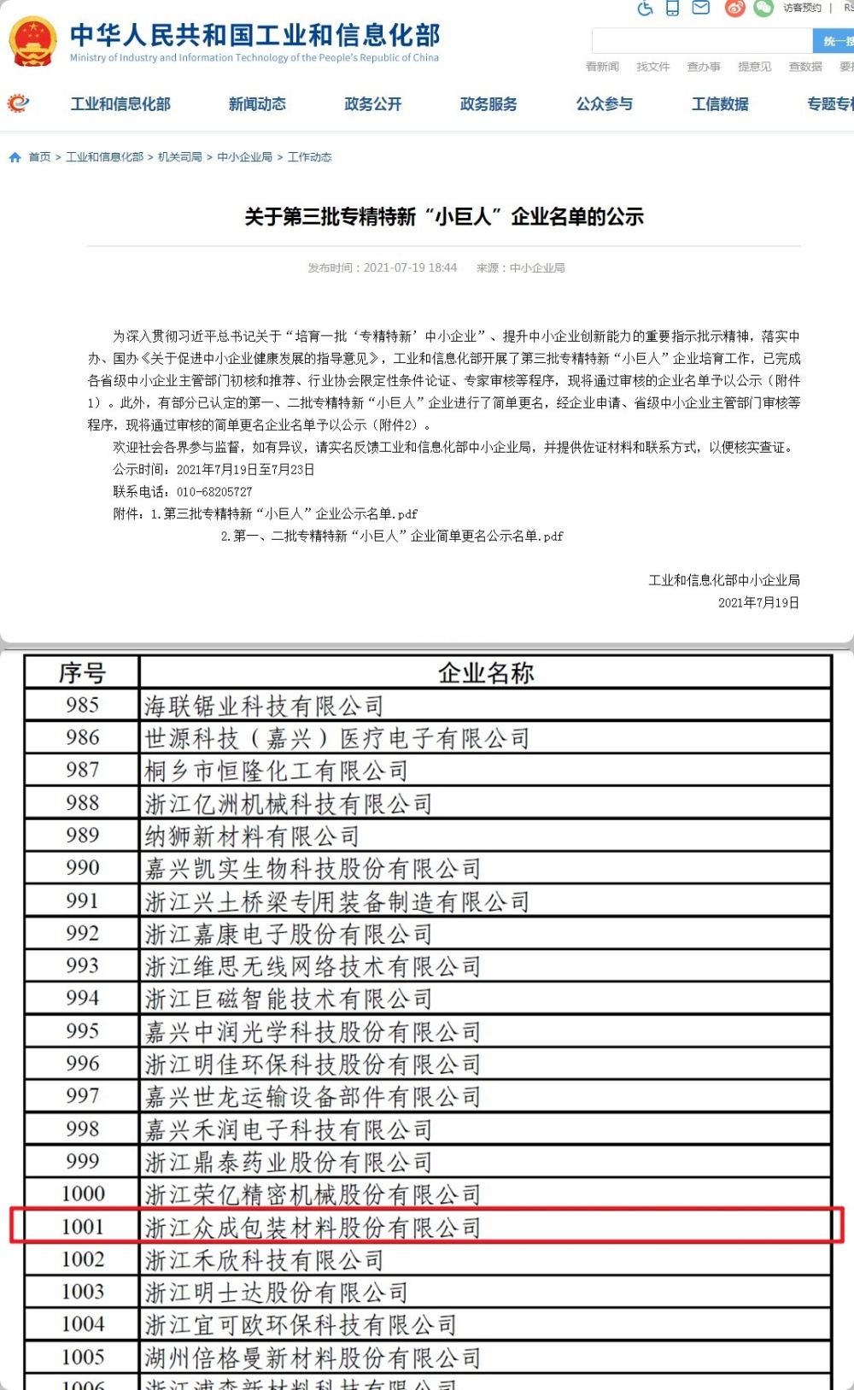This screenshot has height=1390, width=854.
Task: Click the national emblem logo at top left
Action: (x=32, y=41)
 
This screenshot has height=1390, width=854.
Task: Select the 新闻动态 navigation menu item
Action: (x=257, y=104)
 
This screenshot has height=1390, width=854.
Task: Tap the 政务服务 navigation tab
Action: (x=488, y=104)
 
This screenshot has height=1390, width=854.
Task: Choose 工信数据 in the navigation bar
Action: (x=720, y=104)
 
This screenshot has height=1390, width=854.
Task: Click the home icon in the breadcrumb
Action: (x=15, y=157)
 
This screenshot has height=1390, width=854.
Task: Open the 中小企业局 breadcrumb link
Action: (x=244, y=157)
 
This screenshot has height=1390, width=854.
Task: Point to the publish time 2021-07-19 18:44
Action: (x=410, y=268)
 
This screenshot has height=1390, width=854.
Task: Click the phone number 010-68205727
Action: (x=214, y=492)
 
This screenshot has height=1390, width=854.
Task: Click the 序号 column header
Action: (x=82, y=673)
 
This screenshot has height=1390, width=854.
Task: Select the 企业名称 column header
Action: (x=485, y=673)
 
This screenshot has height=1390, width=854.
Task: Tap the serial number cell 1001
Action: (x=82, y=1227)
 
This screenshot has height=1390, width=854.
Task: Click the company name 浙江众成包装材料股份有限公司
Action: (x=313, y=1228)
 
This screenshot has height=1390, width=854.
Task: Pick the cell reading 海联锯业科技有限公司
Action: (x=264, y=707)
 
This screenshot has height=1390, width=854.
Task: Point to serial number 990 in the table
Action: (x=82, y=868)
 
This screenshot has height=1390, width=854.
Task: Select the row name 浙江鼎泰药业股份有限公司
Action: (x=289, y=1163)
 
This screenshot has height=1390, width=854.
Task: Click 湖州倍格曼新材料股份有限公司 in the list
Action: (x=313, y=1358)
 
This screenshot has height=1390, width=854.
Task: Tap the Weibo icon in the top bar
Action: (x=734, y=9)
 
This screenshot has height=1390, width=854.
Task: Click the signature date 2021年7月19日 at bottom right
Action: (x=758, y=603)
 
